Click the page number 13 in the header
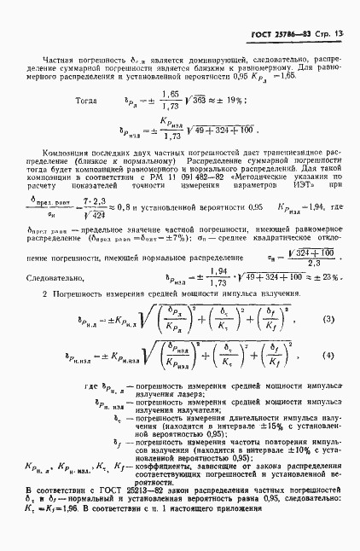(338, 34)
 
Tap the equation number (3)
(326, 321)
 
